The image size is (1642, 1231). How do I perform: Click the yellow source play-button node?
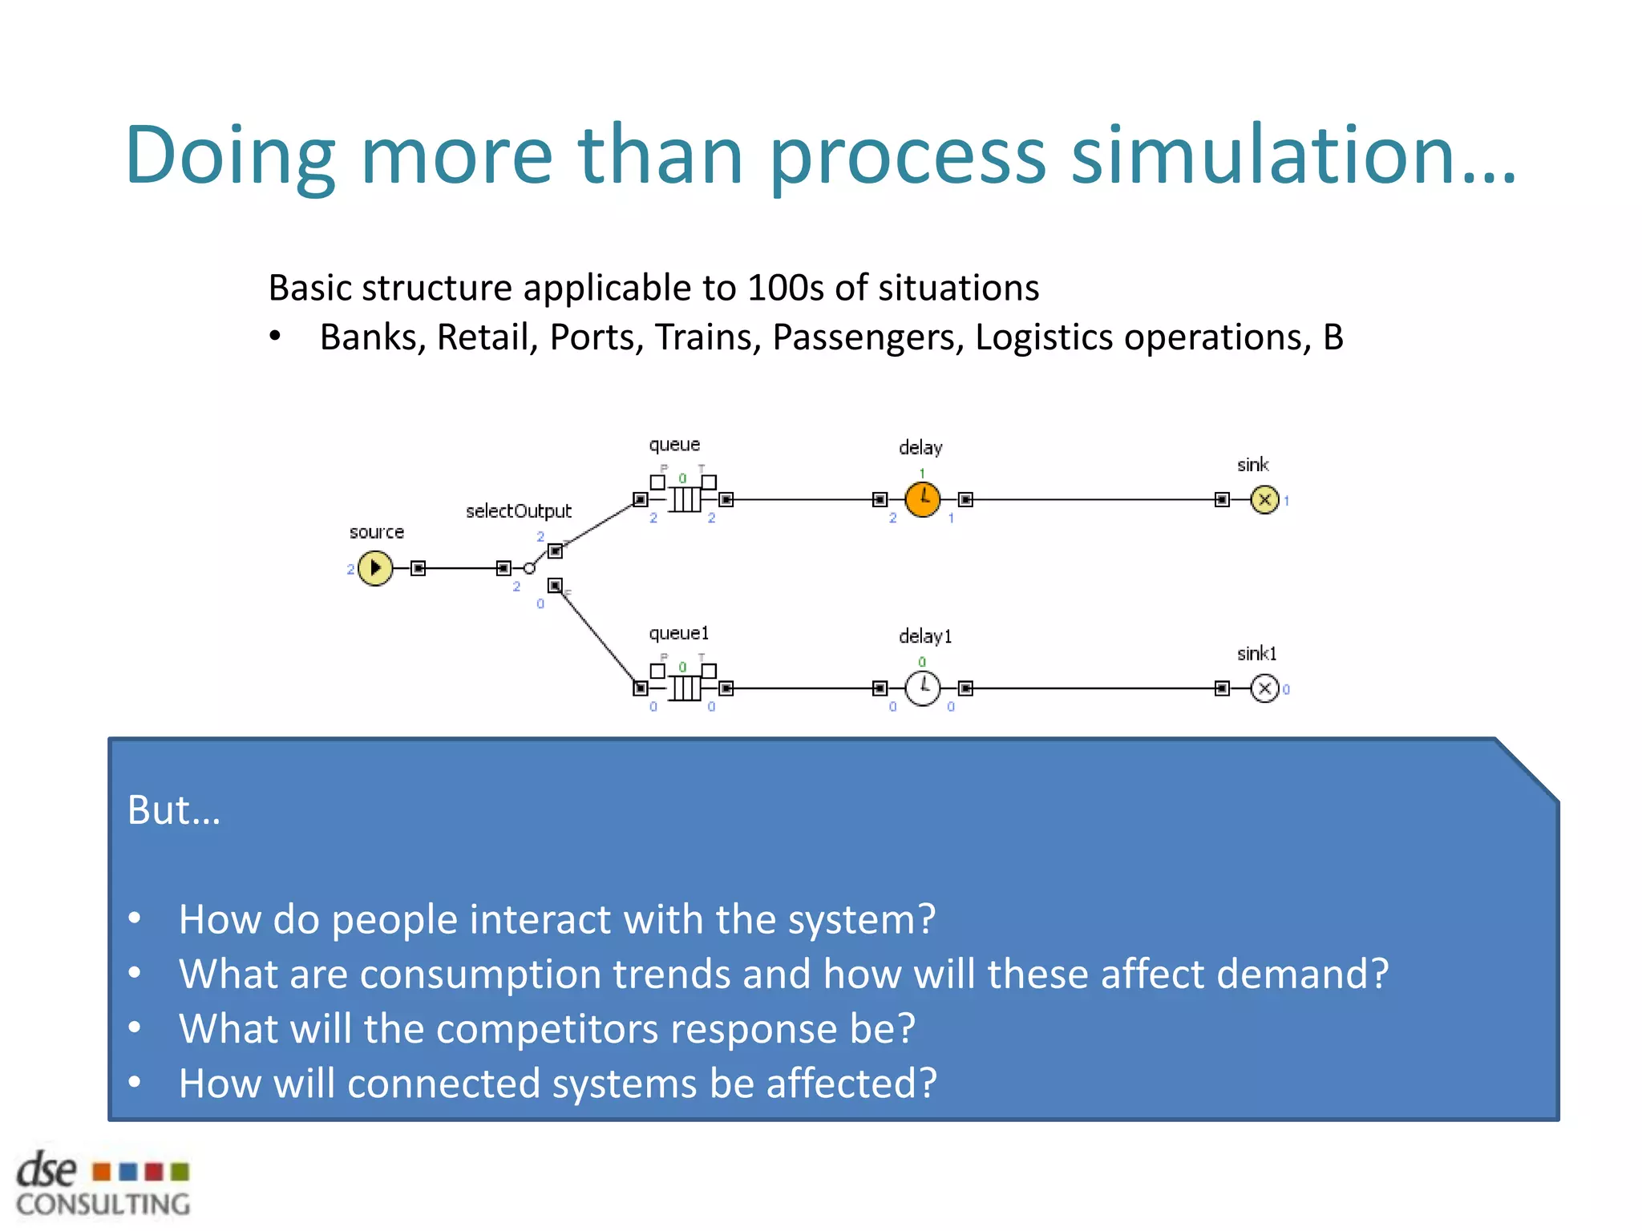375,568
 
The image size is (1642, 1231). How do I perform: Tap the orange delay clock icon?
923,499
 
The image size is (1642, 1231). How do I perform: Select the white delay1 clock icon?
923,688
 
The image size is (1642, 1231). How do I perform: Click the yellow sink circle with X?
1264,499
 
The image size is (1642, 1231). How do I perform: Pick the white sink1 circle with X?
1264,688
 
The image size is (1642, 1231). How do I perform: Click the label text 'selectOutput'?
519,511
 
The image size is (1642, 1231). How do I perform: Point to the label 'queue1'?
678,633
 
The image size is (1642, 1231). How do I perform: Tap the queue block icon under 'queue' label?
686,499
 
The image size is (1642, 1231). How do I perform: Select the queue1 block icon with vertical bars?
686,688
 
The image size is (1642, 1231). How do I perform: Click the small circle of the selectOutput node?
529,568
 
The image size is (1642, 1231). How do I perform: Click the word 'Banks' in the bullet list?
372,337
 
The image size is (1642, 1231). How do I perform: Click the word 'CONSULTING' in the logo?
103,1205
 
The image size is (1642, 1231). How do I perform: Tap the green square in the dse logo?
180,1172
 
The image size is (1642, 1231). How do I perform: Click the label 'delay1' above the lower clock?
924,636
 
